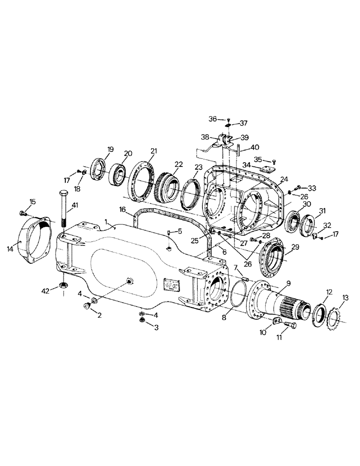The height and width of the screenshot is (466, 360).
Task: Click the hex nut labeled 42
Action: tap(62, 284)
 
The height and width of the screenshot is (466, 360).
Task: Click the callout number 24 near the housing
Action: tap(284, 178)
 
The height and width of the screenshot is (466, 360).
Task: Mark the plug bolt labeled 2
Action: tap(87, 307)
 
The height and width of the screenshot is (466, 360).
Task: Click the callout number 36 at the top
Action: tap(212, 119)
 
